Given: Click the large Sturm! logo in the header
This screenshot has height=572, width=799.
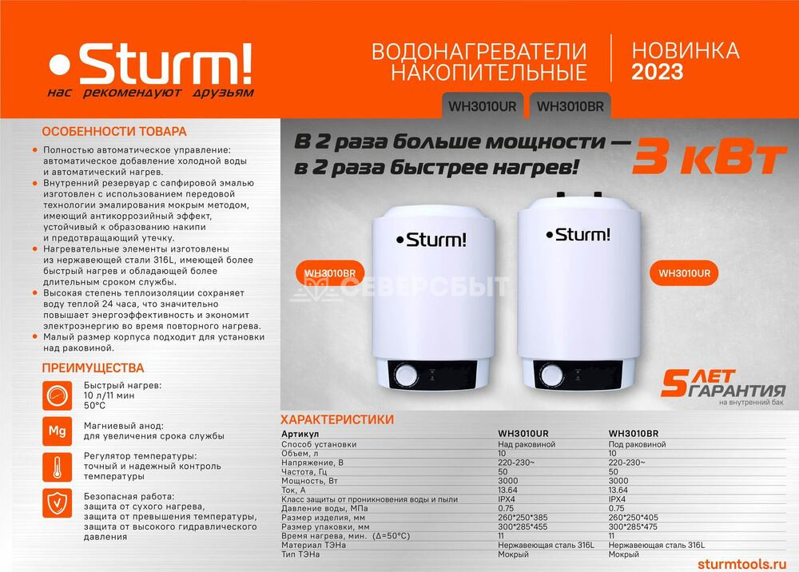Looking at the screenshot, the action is pos(151,64).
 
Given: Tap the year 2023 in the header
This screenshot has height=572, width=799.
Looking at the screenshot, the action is pos(658,72).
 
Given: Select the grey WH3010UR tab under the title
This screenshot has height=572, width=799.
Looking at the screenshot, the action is pos(482,106).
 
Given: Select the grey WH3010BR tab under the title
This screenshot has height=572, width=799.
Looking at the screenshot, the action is pos(570,106).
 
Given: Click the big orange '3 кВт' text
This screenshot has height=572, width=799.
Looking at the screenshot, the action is pos(709,156).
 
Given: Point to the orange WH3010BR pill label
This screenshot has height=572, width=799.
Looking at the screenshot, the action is pos(330,273).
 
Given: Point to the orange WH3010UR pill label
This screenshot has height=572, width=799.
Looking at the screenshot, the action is pos(684,273).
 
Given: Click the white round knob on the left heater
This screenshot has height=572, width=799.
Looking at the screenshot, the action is pos(406,376).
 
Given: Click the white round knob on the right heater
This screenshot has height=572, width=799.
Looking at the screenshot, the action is pos(552,375).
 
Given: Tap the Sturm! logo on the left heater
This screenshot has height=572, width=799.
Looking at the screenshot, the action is pos(431,240).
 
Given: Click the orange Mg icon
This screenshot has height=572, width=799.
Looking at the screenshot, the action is pos(57,431).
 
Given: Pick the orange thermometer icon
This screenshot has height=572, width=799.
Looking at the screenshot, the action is pos(57,467).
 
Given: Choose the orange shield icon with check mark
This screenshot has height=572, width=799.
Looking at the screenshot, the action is pos(57,503).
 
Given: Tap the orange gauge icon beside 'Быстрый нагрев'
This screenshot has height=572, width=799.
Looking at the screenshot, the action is pos(57,395).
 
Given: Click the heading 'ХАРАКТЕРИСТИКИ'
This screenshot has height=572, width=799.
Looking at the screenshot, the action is pos(337,419).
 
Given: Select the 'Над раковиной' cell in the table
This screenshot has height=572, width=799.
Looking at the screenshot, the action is pos(527,444).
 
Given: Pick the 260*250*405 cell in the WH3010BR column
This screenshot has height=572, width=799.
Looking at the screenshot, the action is pos(633,518).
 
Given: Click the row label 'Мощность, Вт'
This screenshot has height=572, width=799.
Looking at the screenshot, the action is pos(309,481).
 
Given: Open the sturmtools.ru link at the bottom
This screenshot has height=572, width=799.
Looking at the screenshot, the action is pos(741,564).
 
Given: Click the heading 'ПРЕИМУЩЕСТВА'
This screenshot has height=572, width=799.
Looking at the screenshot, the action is pos(93,367).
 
